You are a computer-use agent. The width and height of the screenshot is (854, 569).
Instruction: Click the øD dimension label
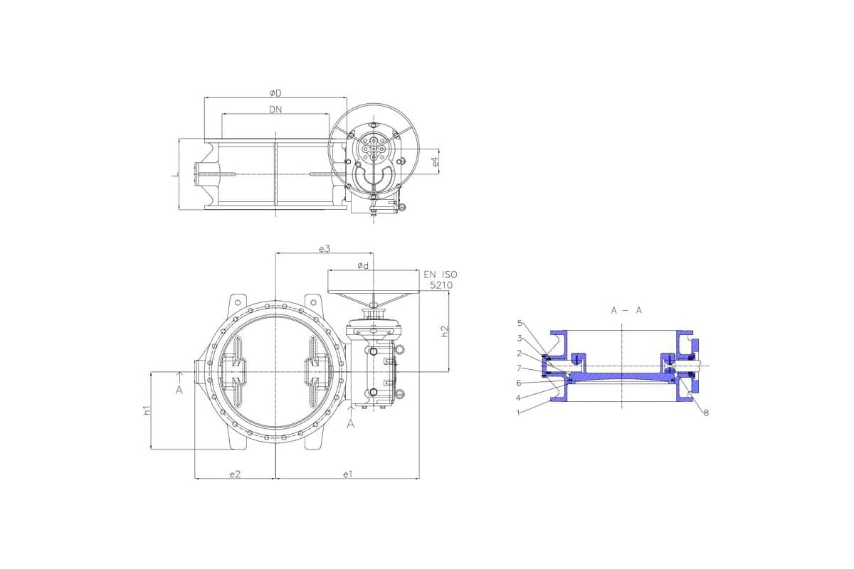pos(275,93)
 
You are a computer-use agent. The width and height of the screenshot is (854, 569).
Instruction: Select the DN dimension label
pos(275,110)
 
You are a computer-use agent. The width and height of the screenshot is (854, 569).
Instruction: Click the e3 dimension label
pos(325,248)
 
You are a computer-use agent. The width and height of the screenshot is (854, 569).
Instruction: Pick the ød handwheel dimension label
pos(363,265)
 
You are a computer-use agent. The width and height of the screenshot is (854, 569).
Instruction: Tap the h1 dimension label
pos(147,410)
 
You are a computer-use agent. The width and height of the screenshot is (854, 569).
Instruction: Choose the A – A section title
pos(626,310)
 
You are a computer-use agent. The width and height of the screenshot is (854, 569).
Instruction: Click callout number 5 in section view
pos(520,323)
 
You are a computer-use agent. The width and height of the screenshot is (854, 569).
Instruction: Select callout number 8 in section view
pos(706,413)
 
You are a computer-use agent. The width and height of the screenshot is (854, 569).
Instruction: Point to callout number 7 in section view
pos(520,368)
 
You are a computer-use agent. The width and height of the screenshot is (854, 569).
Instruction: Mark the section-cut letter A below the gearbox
pos(350,423)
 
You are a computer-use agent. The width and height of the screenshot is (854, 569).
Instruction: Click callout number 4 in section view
pos(520,398)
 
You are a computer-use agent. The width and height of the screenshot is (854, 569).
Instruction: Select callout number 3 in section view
pos(520,338)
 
